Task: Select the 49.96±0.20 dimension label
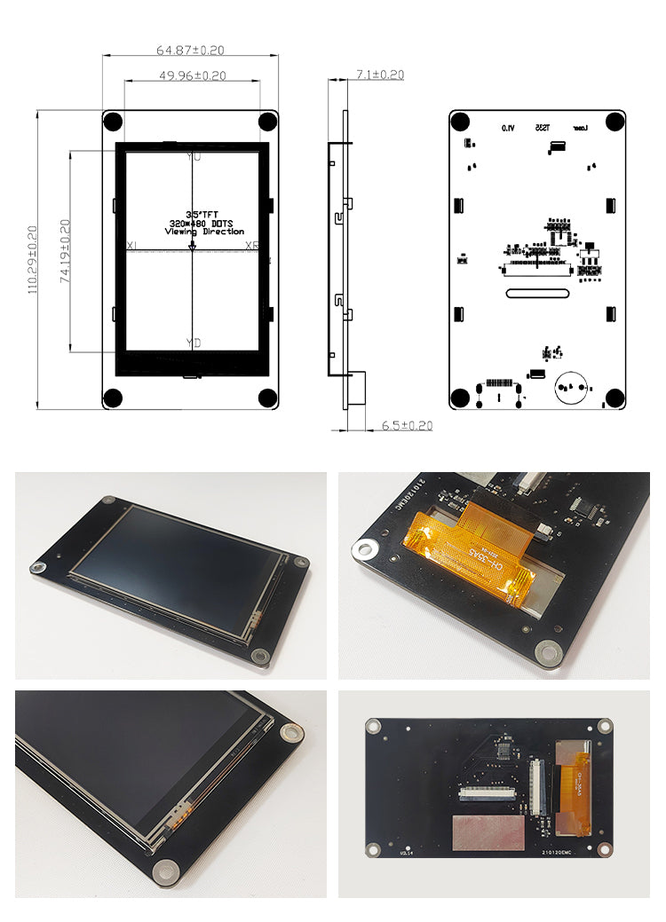pyautogui.click(x=193, y=76)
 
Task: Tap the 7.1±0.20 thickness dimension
pyautogui.click(x=379, y=75)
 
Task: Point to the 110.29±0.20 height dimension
pyautogui.click(x=32, y=259)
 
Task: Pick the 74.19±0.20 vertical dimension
pyautogui.click(x=65, y=250)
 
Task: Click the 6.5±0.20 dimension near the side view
pyautogui.click(x=407, y=426)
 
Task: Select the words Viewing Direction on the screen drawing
pyautogui.click(x=204, y=232)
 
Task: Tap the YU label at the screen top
pyautogui.click(x=194, y=157)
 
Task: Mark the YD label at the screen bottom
pyautogui.click(x=194, y=343)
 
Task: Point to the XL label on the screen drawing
pyautogui.click(x=132, y=246)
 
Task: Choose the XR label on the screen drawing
pyautogui.click(x=251, y=246)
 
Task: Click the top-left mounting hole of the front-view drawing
pyautogui.click(x=114, y=122)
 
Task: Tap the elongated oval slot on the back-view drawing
pyautogui.click(x=537, y=292)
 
